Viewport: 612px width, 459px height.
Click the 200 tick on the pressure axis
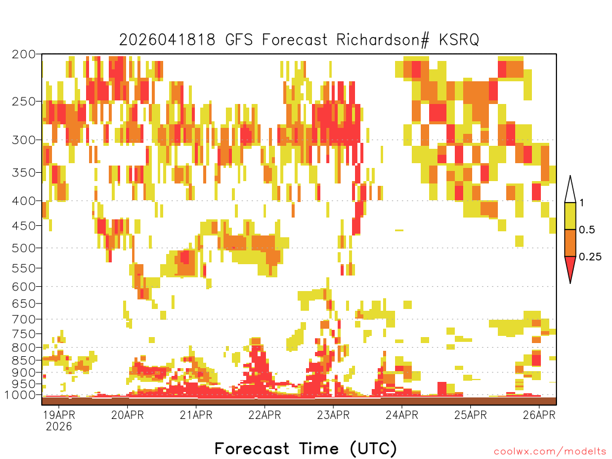(24, 54)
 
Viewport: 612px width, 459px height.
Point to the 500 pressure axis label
(24, 248)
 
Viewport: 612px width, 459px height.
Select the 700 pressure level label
(24, 319)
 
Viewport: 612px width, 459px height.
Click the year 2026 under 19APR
(59, 427)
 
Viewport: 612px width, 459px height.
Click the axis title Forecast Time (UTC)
(305, 448)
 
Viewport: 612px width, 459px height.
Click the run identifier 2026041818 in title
(169, 40)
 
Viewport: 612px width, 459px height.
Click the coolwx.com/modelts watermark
(549, 451)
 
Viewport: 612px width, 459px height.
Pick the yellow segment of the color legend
(570, 216)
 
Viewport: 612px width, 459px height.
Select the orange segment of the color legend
(570, 243)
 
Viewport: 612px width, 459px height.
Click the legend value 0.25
(590, 257)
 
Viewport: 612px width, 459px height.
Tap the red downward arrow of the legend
(570, 268)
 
